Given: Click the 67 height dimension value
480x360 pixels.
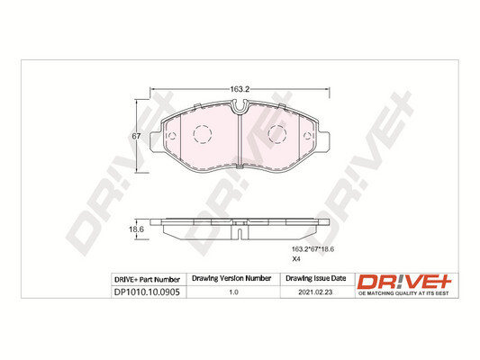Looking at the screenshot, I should click(x=135, y=135).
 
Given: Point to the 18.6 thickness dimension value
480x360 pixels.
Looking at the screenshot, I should click(x=137, y=230).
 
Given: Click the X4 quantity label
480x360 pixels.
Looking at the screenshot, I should click(x=294, y=259).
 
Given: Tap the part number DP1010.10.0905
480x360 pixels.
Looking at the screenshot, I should click(x=148, y=292).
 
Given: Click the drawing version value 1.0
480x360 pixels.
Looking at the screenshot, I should click(x=233, y=292).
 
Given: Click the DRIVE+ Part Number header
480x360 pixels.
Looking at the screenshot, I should click(x=148, y=279).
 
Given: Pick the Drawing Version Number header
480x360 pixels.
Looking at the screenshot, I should click(x=233, y=279).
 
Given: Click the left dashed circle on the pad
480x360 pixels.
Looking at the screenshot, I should click(x=201, y=136).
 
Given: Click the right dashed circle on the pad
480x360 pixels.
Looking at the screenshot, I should click(x=277, y=136).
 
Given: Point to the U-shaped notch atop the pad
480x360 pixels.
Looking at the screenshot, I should click(x=240, y=110).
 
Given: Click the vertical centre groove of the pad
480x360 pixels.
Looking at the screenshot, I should click(x=239, y=144).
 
